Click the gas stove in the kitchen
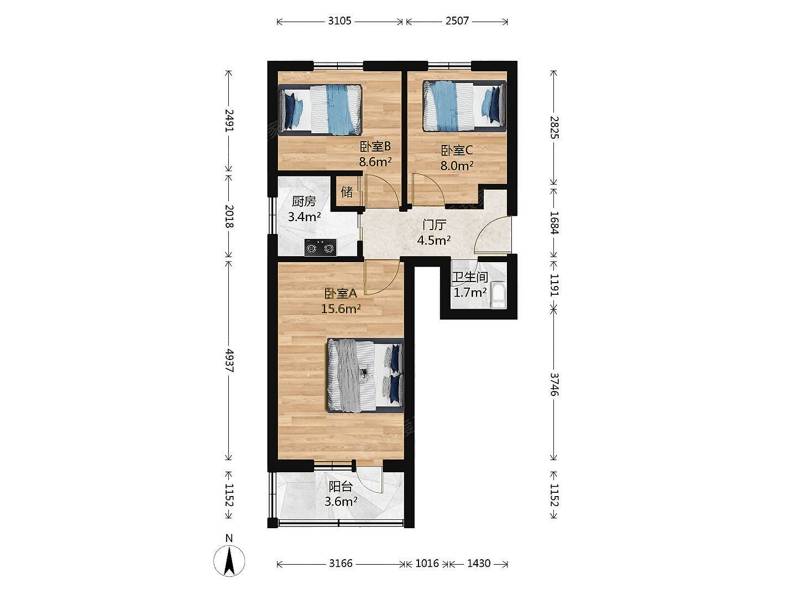[321, 247]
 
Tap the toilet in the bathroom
[498, 295]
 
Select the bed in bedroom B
[320, 110]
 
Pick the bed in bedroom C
[464, 106]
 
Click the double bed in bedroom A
[365, 376]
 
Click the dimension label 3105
[340, 21]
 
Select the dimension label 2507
[457, 21]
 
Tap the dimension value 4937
[229, 361]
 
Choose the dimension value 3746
[554, 384]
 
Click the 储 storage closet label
[347, 192]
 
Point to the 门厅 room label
[434, 225]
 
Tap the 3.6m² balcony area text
[341, 502]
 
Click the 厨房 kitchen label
[304, 201]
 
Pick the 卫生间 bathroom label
[470, 277]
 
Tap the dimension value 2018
[229, 216]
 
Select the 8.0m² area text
[457, 165]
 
